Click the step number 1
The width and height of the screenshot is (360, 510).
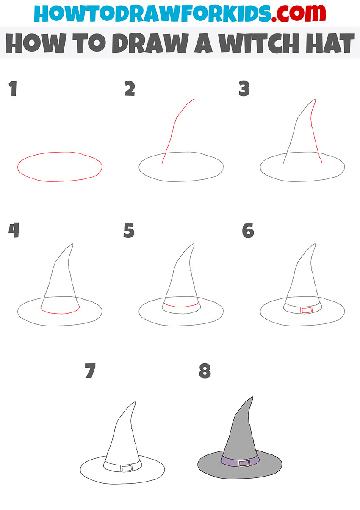pyautogui.click(x=13, y=89)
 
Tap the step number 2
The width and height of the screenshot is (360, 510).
pyautogui.click(x=130, y=89)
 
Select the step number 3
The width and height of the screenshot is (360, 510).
pyautogui.click(x=244, y=89)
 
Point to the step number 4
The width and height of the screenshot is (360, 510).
pyautogui.click(x=14, y=231)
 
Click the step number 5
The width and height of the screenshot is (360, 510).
pyautogui.click(x=129, y=231)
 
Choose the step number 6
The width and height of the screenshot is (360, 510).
pyautogui.click(x=248, y=231)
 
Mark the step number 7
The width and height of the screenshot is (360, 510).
pyautogui.click(x=90, y=371)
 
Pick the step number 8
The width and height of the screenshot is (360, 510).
pyautogui.click(x=205, y=371)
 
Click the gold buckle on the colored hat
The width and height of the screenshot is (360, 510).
pyautogui.click(x=244, y=463)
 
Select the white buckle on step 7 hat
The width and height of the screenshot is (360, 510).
pyautogui.click(x=126, y=468)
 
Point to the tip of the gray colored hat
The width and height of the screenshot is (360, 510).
pyautogui.click(x=252, y=398)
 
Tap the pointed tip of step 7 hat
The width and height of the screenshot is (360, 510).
pyautogui.click(x=135, y=402)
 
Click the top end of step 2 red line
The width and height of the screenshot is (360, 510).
pyautogui.click(x=194, y=100)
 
